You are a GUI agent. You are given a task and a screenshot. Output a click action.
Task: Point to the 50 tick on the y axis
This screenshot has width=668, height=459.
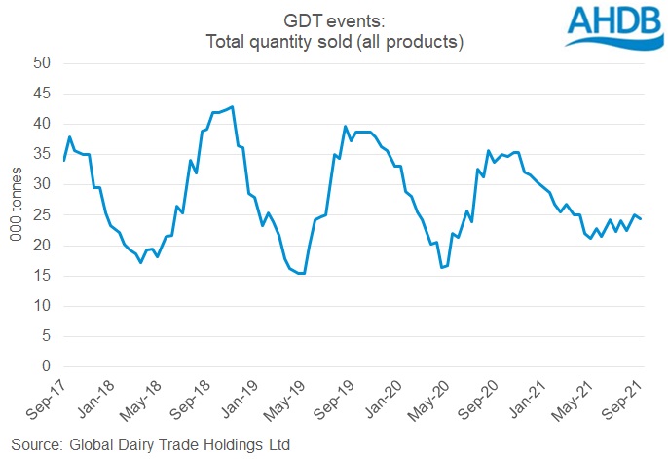pos(41,63)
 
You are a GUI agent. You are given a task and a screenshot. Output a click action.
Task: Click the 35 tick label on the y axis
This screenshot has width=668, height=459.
pos(41,155)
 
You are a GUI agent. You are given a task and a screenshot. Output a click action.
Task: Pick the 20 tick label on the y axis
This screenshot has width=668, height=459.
pos(41,246)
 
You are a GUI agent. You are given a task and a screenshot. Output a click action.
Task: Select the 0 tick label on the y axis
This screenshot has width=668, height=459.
pos(45,366)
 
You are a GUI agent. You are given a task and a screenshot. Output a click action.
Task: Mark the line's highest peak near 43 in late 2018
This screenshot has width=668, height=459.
pos(232,106)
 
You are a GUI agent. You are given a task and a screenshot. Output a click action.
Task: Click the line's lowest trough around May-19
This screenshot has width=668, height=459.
pos(303,274)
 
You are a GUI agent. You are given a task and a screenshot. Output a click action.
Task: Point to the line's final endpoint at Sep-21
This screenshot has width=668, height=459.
pos(641,219)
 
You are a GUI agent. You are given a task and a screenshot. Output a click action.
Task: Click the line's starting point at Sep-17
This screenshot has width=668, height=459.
pos(64,160)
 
